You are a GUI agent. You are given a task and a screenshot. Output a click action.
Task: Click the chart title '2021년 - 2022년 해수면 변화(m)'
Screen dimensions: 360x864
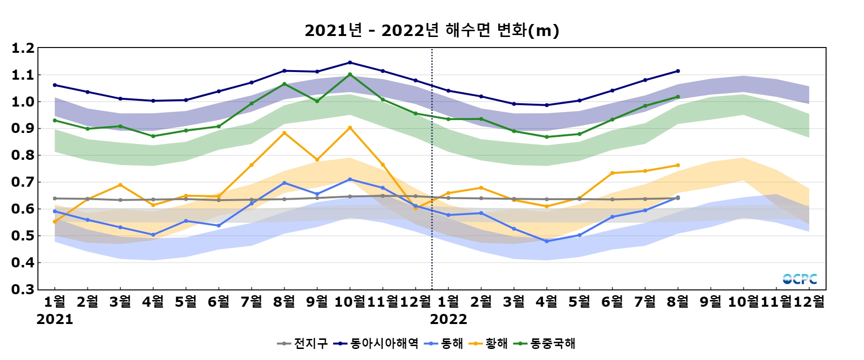(x=432, y=31)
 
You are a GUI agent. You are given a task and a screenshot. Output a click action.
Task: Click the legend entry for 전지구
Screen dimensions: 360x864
(x=302, y=343)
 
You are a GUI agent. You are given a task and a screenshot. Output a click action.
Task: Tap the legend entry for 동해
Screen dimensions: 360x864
(x=444, y=343)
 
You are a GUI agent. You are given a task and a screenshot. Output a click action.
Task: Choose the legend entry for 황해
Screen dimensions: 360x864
(x=489, y=343)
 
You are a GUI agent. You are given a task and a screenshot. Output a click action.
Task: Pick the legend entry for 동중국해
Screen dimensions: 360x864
(x=544, y=343)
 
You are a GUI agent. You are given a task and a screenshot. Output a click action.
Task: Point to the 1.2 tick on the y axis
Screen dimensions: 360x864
(x=23, y=48)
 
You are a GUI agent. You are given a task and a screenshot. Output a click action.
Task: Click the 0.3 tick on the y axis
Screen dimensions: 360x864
(x=23, y=289)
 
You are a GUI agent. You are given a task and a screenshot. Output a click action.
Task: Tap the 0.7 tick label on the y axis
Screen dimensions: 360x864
(x=23, y=182)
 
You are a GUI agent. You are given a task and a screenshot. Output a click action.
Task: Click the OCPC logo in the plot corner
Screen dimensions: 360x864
(x=800, y=279)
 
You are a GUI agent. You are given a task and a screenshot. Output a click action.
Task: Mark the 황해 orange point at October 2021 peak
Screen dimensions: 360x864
(x=350, y=128)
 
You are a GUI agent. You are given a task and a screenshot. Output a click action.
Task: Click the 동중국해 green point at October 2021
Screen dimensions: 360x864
(x=350, y=74)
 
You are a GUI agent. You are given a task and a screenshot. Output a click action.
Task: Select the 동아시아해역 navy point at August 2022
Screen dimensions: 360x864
(x=678, y=71)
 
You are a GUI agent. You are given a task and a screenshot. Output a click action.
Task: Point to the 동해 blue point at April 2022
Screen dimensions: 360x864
(x=547, y=241)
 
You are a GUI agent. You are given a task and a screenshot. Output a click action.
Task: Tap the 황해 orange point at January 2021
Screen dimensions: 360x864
(x=55, y=222)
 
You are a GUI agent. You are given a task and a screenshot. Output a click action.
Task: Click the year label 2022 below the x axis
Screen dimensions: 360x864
(x=448, y=319)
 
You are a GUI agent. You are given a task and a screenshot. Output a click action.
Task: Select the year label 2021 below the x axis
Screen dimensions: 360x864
(x=55, y=319)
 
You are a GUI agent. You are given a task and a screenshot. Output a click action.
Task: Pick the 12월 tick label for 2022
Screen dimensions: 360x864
(x=809, y=301)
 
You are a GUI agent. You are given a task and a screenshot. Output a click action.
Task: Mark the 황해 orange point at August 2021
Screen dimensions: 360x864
(x=284, y=133)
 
